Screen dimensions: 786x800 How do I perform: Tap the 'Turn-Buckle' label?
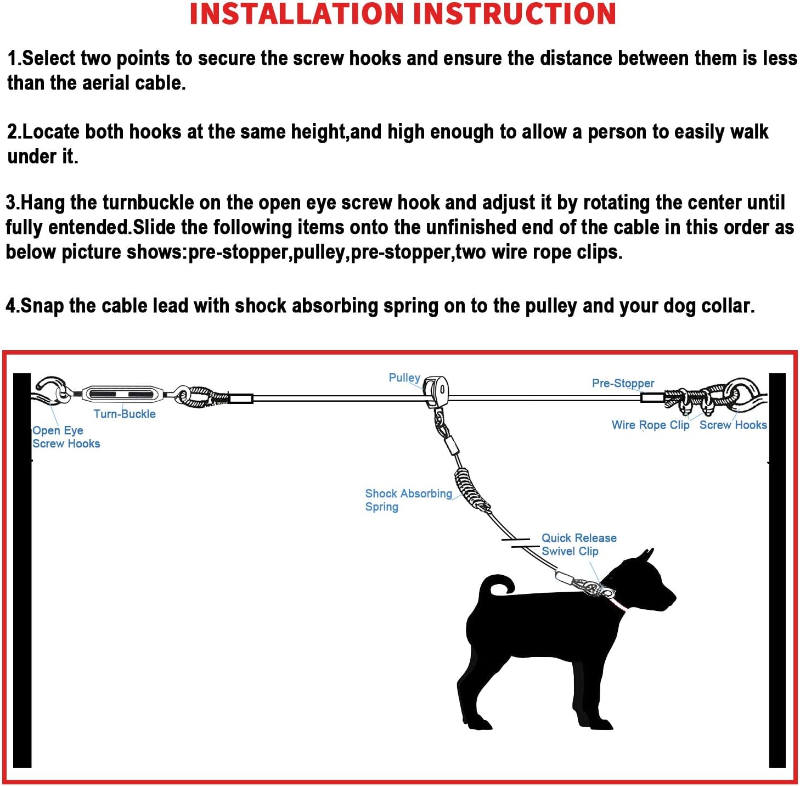pos(125,414)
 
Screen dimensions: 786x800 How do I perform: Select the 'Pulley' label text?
pos(404,378)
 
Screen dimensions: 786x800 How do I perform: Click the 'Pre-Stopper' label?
pos(623,383)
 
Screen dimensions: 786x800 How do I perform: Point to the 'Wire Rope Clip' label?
pos(650,425)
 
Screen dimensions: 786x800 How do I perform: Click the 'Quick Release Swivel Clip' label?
pos(578,544)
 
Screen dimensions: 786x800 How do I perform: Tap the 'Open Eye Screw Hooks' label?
pos(65,437)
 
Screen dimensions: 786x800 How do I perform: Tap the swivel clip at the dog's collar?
pos(590,588)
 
